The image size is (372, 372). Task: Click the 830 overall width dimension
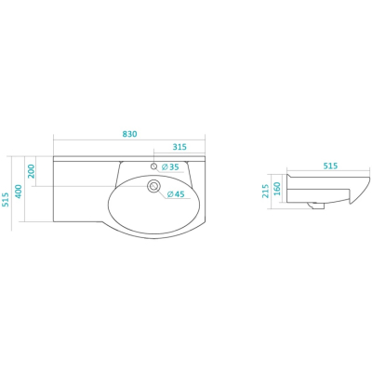129,134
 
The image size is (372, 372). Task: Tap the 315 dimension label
179,147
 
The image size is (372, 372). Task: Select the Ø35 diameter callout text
170,166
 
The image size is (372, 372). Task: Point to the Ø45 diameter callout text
176,194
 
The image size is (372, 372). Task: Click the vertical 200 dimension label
33,171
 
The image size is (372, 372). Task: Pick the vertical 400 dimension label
19,192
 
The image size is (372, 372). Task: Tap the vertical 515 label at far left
6,200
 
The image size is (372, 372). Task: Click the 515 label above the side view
330,166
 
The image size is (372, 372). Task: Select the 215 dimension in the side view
265,192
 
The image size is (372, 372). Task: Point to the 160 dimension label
277,189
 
